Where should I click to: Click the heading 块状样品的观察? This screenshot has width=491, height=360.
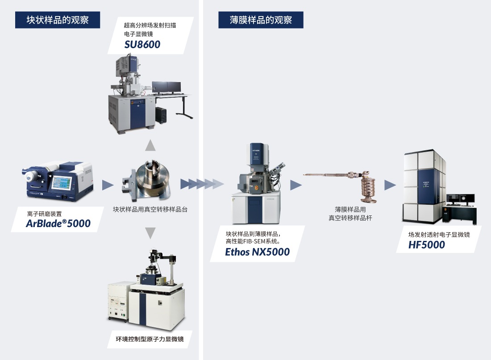pyautogui.click(x=58, y=20)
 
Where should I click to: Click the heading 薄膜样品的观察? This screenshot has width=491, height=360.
pyautogui.click(x=261, y=20)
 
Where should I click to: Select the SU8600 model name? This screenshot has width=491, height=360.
pyautogui.click(x=142, y=44)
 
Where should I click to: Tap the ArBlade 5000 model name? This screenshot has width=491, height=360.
pyautogui.click(x=58, y=223)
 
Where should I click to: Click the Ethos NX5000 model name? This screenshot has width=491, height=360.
pyautogui.click(x=257, y=252)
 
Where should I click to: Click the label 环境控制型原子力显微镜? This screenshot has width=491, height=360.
pyautogui.click(x=150, y=340)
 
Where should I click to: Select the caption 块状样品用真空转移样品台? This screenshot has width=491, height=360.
pyautogui.click(x=150, y=209)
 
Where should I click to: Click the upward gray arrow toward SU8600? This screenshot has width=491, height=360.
pyautogui.click(x=150, y=145)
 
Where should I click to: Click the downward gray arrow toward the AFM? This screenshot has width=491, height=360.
pyautogui.click(x=150, y=232)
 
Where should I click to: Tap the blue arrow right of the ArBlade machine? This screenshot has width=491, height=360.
pyautogui.click(x=108, y=185)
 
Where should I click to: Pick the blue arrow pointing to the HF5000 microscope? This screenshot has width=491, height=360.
pyautogui.click(x=390, y=185)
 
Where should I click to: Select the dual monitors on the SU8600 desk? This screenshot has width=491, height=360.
pyautogui.click(x=166, y=87)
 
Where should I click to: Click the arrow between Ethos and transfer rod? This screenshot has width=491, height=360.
pyautogui.click(x=296, y=185)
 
